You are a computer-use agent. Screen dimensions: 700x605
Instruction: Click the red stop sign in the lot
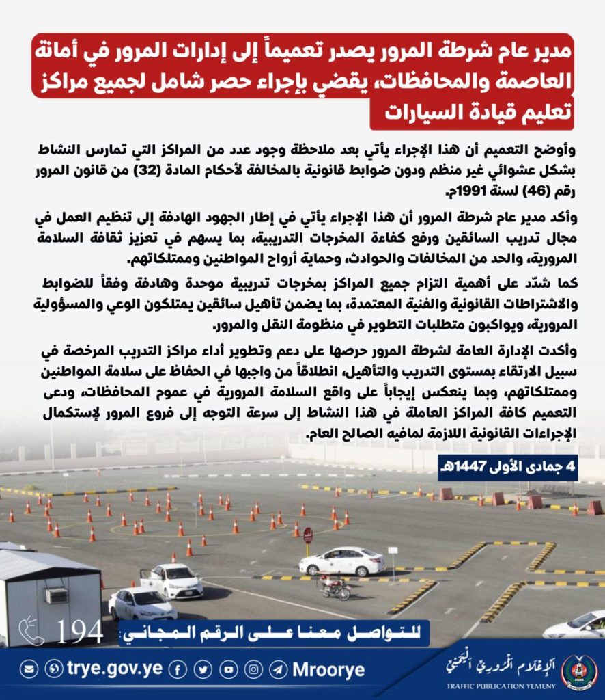coord(308,535)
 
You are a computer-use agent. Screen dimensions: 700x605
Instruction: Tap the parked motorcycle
coord(335,587)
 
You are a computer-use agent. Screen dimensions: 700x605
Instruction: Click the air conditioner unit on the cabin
coord(57,595)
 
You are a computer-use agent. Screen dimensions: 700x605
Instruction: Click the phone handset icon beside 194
coord(31,632)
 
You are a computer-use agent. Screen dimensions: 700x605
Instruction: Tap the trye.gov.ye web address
coord(114,669)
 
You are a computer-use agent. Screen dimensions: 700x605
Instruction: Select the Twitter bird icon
coord(203,670)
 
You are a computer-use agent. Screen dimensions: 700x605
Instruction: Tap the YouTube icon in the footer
coord(228,670)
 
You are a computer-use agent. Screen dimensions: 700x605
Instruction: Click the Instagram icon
coord(253,670)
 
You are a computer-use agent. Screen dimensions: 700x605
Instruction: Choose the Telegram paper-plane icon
coord(278,670)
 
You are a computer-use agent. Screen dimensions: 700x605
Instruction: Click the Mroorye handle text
coord(328,670)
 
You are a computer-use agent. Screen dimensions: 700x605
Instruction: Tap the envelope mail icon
coord(29,670)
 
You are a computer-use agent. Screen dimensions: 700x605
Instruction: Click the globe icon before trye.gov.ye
coord(53,670)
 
